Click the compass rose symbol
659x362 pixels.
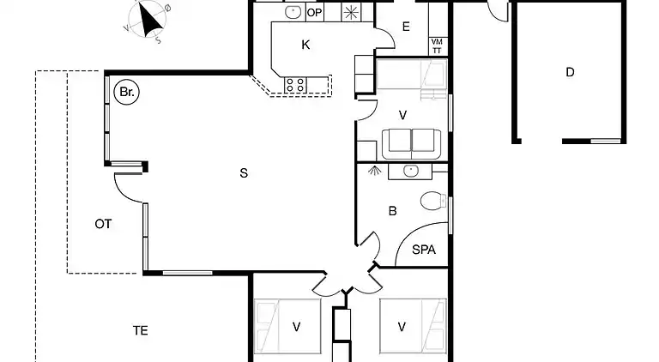pos(147,20)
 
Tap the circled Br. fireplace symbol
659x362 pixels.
pos(126,92)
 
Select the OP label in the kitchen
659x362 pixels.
pos(314,13)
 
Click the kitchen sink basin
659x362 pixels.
pos(293,12)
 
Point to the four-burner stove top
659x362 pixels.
pos(295,85)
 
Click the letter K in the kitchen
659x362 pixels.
pos(305,45)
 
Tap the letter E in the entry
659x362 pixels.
pos(406,27)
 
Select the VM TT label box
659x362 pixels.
pos(437,46)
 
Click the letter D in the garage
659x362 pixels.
pos(570,72)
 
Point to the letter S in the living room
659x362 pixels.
pos(244,173)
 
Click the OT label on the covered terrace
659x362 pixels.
pos(103,224)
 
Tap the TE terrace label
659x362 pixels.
pos(141,331)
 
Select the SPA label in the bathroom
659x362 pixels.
pos(424,250)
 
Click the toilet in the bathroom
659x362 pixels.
pos(433,201)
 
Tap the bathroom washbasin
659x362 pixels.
pos(410,172)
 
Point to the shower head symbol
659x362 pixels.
pos(373,171)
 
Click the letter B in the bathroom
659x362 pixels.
pos(392,211)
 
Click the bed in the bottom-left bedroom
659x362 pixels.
pos(287,326)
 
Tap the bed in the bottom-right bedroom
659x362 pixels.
pos(413,326)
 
